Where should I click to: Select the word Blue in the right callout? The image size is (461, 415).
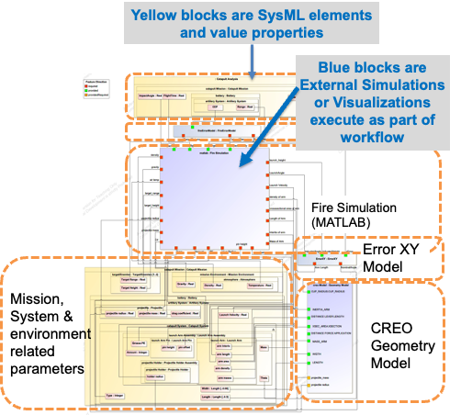pos(343,67)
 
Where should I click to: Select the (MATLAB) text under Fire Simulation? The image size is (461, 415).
pos(338,223)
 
